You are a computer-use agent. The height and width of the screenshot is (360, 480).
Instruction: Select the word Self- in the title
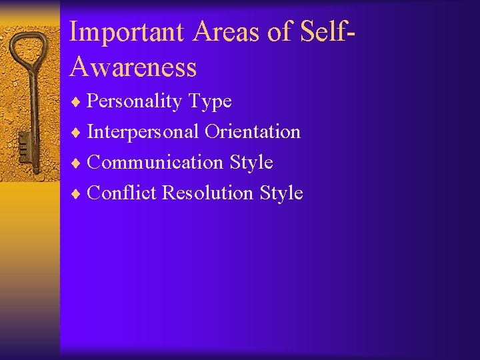tap(322, 32)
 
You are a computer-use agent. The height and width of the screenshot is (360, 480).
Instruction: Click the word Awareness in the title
tap(133, 67)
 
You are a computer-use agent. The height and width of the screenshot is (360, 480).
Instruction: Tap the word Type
tap(210, 102)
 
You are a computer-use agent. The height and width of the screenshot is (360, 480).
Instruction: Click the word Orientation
tap(253, 132)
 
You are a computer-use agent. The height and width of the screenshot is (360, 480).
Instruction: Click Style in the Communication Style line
tap(251, 163)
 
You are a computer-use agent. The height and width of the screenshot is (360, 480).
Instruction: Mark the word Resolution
tap(208, 193)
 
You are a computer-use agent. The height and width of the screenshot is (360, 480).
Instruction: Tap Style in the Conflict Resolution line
tap(281, 193)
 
